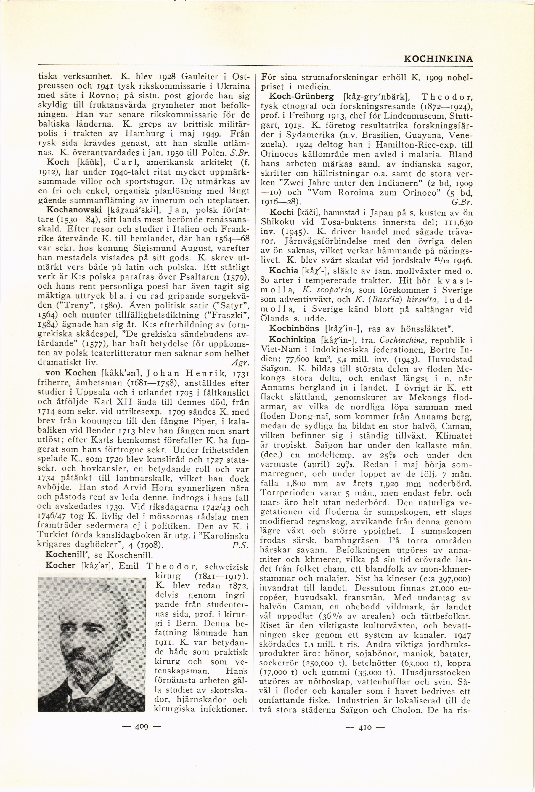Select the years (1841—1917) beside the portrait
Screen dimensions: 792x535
221,576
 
